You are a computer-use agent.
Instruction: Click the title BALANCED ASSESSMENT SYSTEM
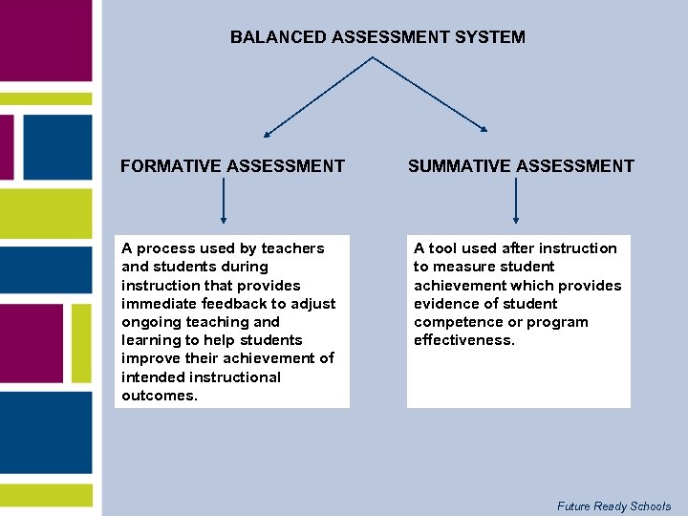pyautogui.click(x=377, y=37)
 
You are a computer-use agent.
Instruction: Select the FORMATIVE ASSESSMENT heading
pyautogui.click(x=232, y=166)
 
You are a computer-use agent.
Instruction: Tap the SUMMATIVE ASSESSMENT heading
pyautogui.click(x=521, y=166)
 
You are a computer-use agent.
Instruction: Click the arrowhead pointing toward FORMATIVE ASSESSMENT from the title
pyautogui.click(x=268, y=133)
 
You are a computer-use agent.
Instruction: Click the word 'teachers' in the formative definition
pyautogui.click(x=292, y=248)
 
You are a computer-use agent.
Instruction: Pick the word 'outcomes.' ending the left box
pyautogui.click(x=160, y=396)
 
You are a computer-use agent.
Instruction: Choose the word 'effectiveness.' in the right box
pyautogui.click(x=464, y=340)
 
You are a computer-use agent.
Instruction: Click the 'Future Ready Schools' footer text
pyautogui.click(x=613, y=506)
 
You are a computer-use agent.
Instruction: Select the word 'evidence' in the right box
pyautogui.click(x=445, y=304)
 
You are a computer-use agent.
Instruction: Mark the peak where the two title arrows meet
pyautogui.click(x=373, y=57)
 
